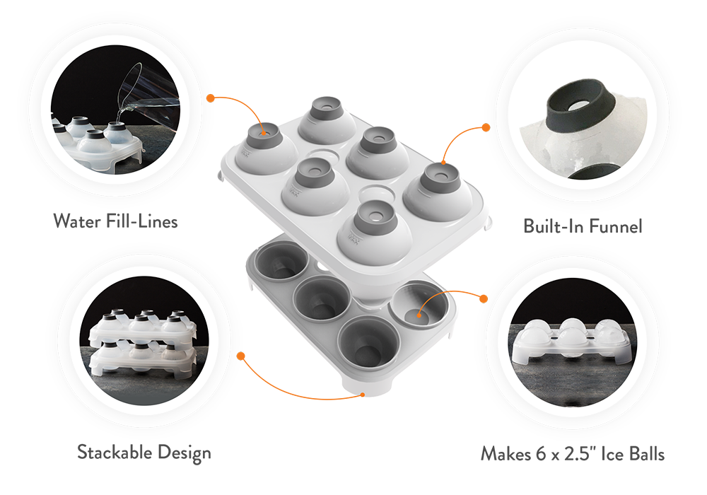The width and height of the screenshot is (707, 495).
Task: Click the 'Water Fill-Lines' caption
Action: click(115, 221)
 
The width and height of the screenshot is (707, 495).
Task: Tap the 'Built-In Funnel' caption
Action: click(583, 226)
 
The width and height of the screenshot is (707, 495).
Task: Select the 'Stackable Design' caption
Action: click(144, 451)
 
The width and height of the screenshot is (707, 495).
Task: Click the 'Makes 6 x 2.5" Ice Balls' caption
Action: click(573, 453)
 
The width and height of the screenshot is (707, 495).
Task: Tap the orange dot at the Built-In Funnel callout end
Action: click(486, 127)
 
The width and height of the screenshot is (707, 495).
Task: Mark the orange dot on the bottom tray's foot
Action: click(363, 395)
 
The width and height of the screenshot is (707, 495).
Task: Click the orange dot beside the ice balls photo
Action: click(484, 299)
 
